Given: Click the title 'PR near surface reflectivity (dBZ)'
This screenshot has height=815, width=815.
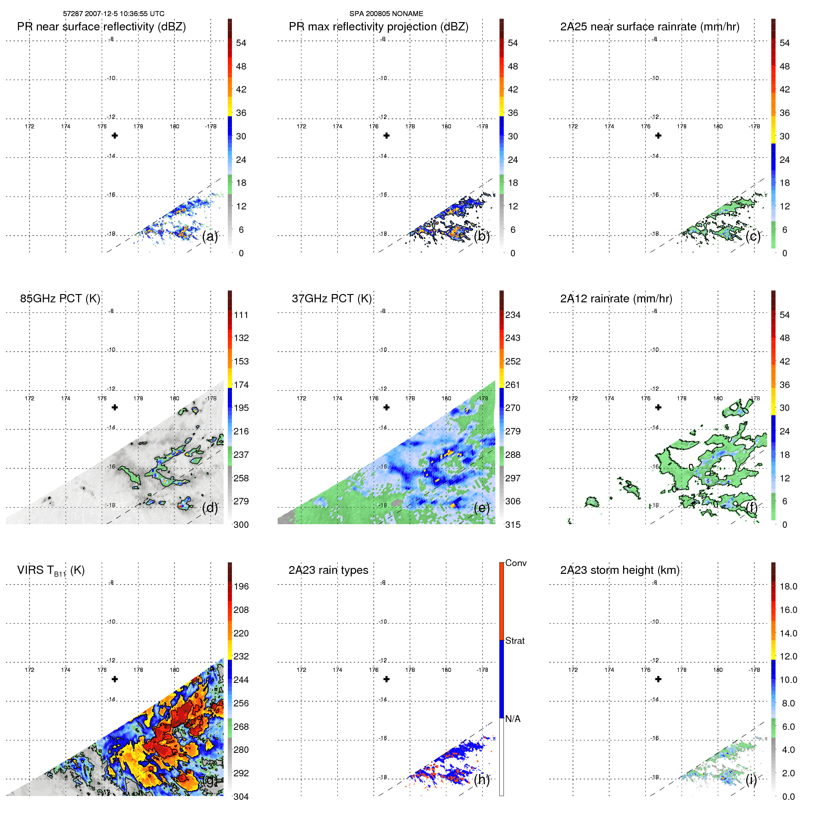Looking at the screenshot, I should click(101, 27).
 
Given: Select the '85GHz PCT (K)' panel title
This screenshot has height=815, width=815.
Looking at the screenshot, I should click(60, 299).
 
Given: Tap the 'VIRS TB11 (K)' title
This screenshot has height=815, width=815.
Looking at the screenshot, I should click(51, 571).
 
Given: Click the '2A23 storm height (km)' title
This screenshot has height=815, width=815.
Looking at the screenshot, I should click(619, 570).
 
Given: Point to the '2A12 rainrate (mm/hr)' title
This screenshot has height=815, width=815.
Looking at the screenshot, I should click(616, 299).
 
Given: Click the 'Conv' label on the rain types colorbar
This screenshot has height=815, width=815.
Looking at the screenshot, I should click(515, 563).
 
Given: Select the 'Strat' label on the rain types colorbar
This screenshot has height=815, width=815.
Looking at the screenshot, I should click(514, 641).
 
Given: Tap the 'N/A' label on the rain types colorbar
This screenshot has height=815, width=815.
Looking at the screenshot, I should click(513, 719).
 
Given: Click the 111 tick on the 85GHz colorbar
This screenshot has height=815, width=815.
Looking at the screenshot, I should click(241, 315).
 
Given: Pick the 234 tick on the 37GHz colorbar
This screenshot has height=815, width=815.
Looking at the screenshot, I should click(513, 315).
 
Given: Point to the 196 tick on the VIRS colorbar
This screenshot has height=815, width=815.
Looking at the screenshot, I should click(241, 586).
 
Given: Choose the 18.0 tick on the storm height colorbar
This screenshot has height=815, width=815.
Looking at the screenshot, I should click(788, 586).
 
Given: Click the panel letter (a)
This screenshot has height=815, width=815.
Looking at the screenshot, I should click(210, 237).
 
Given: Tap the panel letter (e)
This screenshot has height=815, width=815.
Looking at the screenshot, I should click(481, 508).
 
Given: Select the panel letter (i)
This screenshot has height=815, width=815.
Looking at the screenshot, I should click(751, 780).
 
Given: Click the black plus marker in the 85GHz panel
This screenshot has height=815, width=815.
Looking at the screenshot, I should click(115, 407).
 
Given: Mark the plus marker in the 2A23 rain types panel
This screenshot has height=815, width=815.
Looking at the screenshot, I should click(387, 679).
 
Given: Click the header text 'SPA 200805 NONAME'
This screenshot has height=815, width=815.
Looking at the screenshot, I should click(386, 14).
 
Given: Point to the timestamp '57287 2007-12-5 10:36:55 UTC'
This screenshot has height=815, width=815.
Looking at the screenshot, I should click(114, 14).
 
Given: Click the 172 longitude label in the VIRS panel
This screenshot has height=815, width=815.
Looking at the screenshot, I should click(29, 670).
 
